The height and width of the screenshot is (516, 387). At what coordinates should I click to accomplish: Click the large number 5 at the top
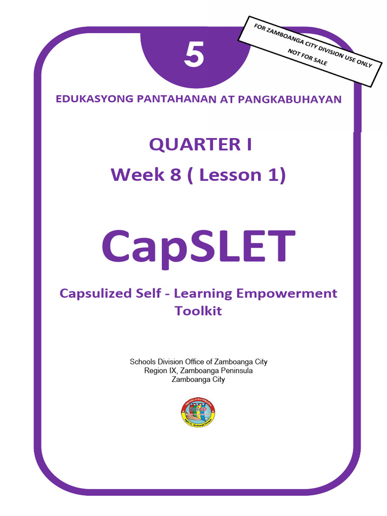click(194, 55)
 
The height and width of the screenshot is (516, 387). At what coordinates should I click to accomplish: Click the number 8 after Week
click(174, 175)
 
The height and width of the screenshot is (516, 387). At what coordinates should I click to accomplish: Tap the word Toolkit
click(198, 311)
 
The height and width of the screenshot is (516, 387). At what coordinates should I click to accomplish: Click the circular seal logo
click(198, 412)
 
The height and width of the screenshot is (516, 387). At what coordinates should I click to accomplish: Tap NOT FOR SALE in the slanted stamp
click(307, 58)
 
